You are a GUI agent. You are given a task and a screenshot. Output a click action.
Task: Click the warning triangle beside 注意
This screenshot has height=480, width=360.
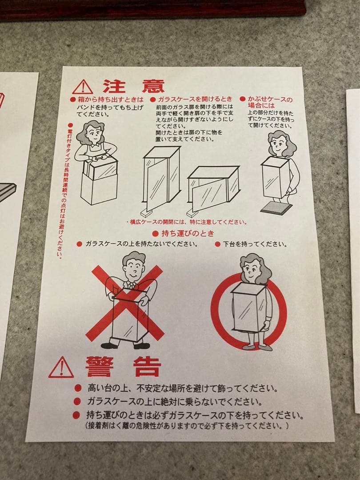tap(83, 87)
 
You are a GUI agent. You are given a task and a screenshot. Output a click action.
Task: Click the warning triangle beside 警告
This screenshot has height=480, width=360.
tap(61, 368)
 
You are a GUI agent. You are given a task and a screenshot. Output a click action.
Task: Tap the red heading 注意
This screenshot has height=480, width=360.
tap(134, 86)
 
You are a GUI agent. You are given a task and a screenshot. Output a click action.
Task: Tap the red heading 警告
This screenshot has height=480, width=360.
tap(123, 366)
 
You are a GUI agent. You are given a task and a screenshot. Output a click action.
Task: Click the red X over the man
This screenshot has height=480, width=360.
tap(125, 303)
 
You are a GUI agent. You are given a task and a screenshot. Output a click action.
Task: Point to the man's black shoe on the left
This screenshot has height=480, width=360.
tap(109, 346)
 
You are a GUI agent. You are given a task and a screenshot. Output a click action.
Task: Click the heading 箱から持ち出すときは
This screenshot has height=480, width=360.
tap(107, 100)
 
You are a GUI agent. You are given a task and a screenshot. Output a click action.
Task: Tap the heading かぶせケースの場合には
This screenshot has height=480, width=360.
tap(266, 102)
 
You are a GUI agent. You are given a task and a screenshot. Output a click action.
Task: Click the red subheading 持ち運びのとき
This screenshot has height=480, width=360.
tap(184, 234)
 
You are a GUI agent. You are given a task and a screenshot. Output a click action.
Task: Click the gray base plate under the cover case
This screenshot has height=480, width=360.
tap(276, 208)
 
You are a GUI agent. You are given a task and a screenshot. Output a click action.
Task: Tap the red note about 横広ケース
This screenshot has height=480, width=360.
tap(187, 222)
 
